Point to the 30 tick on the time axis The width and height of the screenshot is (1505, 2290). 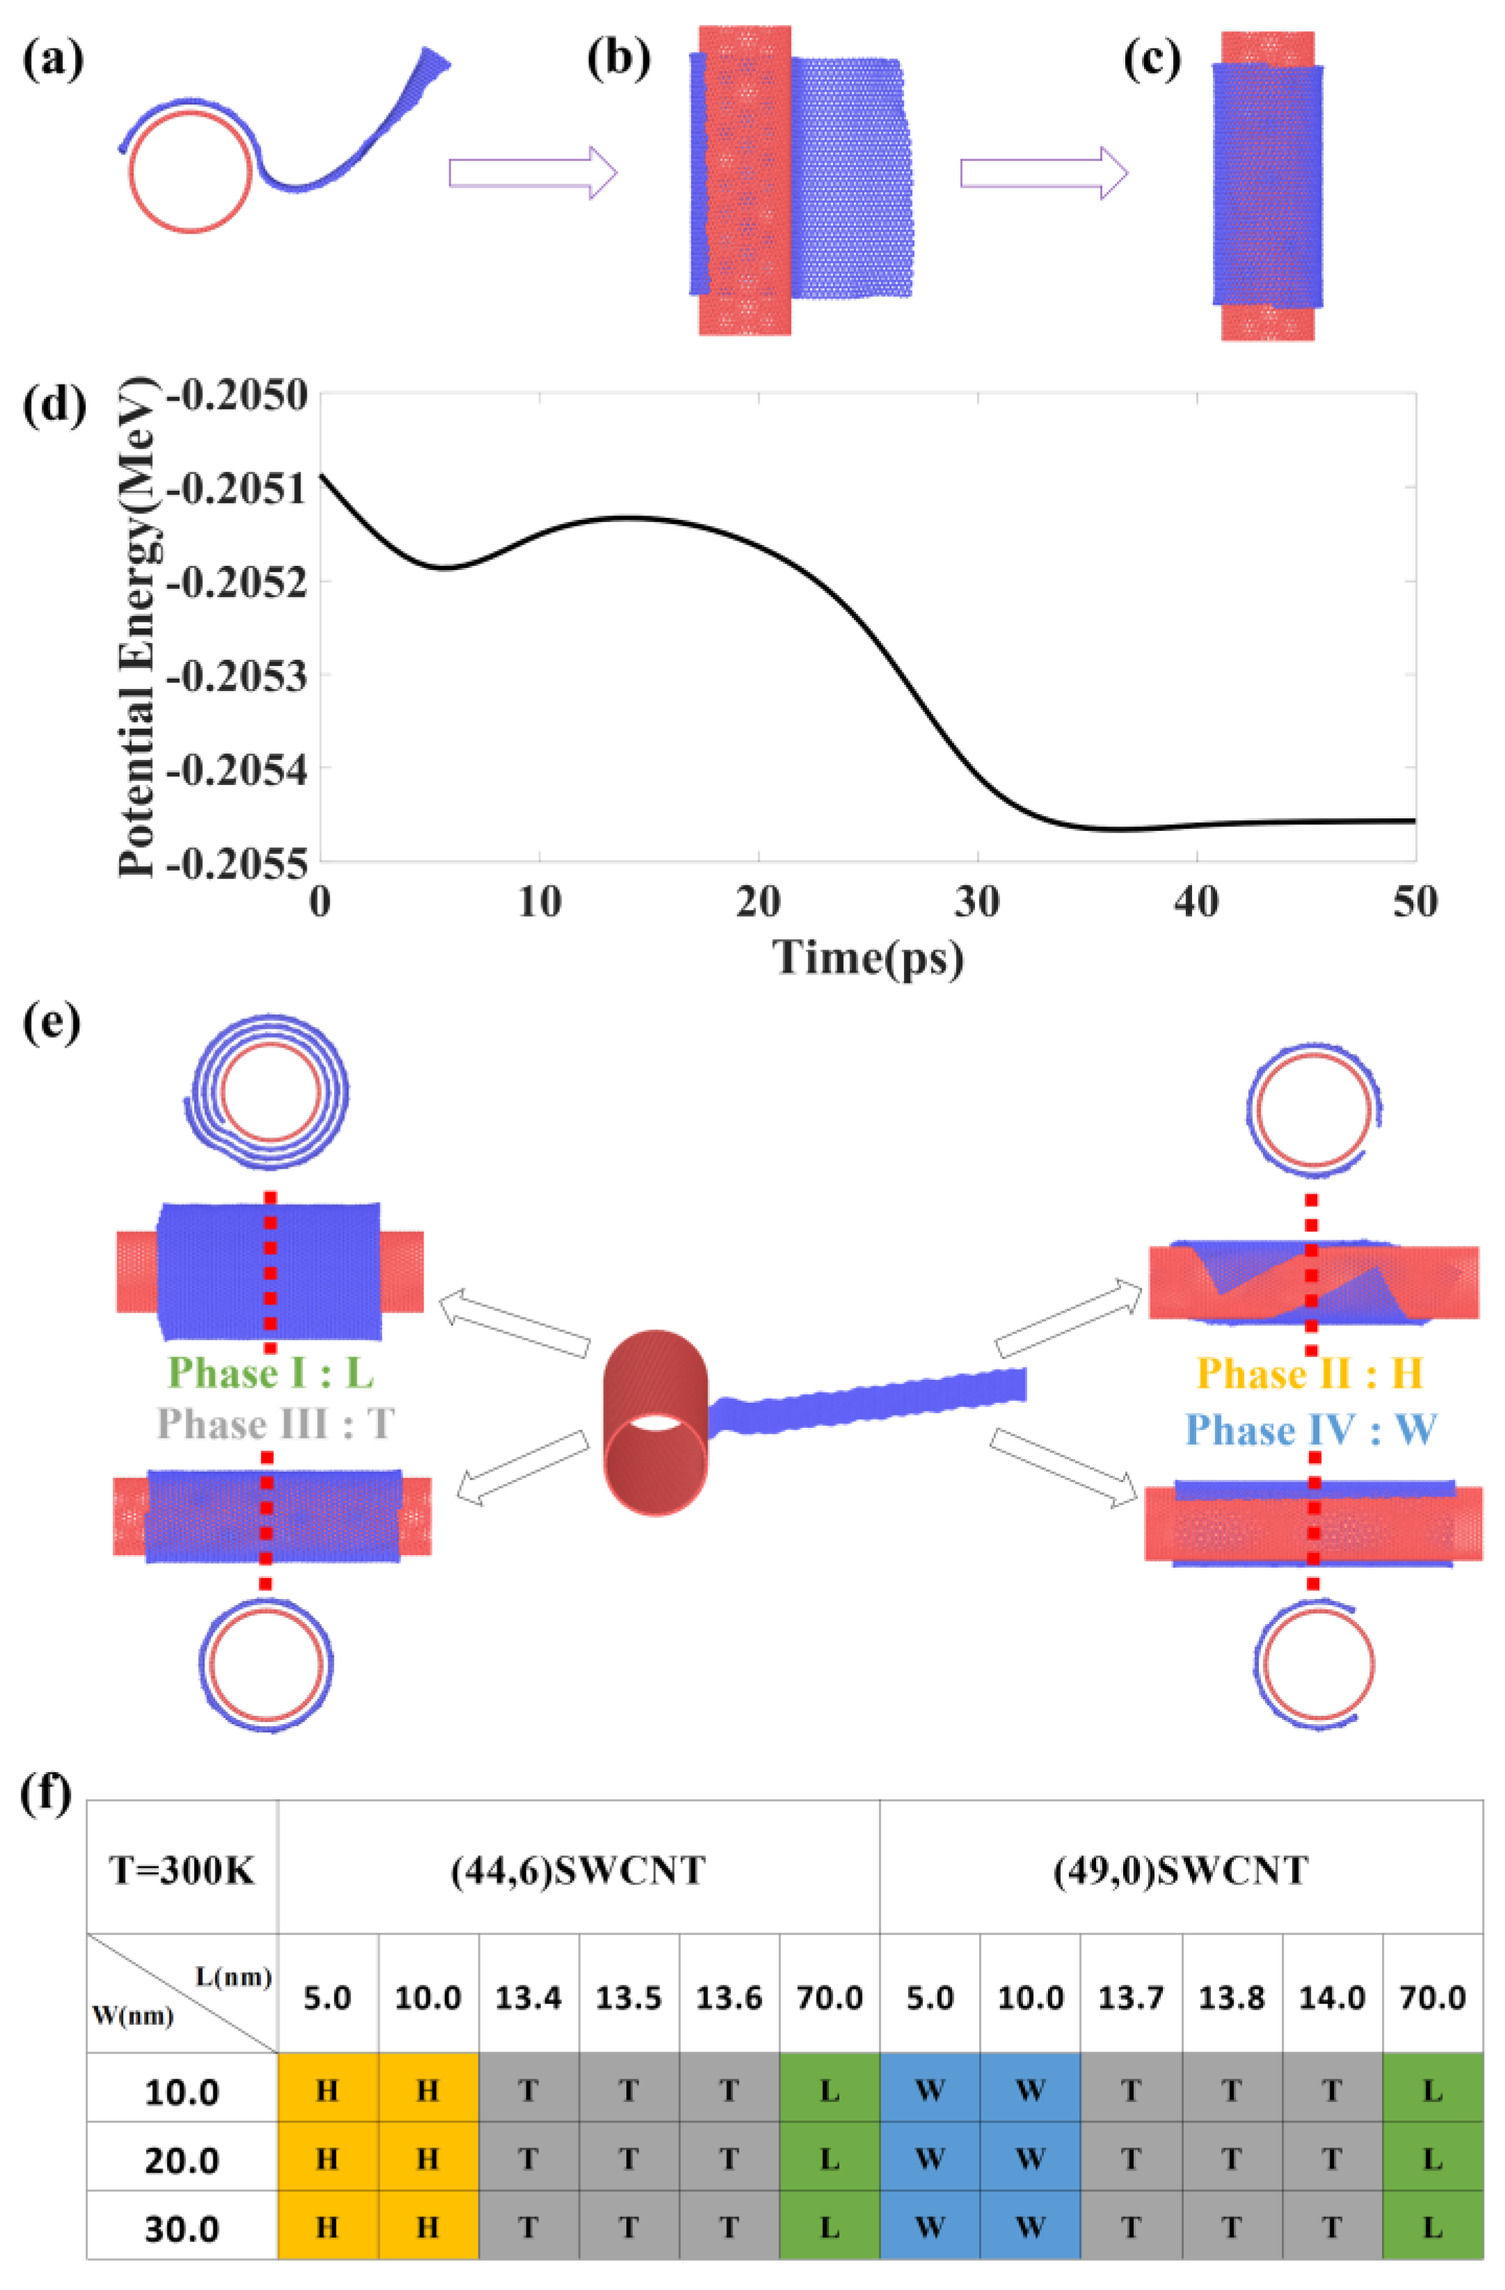(x=978, y=902)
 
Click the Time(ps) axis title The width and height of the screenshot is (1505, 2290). (x=868, y=957)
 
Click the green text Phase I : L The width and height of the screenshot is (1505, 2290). (x=271, y=1373)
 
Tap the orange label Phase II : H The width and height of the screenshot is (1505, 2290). (x=1310, y=1373)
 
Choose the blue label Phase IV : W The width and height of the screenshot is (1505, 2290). (x=1311, y=1430)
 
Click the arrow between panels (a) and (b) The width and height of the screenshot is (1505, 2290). (x=532, y=173)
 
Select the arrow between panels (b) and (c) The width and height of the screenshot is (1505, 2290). (x=1043, y=173)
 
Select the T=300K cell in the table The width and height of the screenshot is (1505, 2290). (x=182, y=1871)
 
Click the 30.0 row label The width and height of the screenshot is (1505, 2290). (x=182, y=2228)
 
